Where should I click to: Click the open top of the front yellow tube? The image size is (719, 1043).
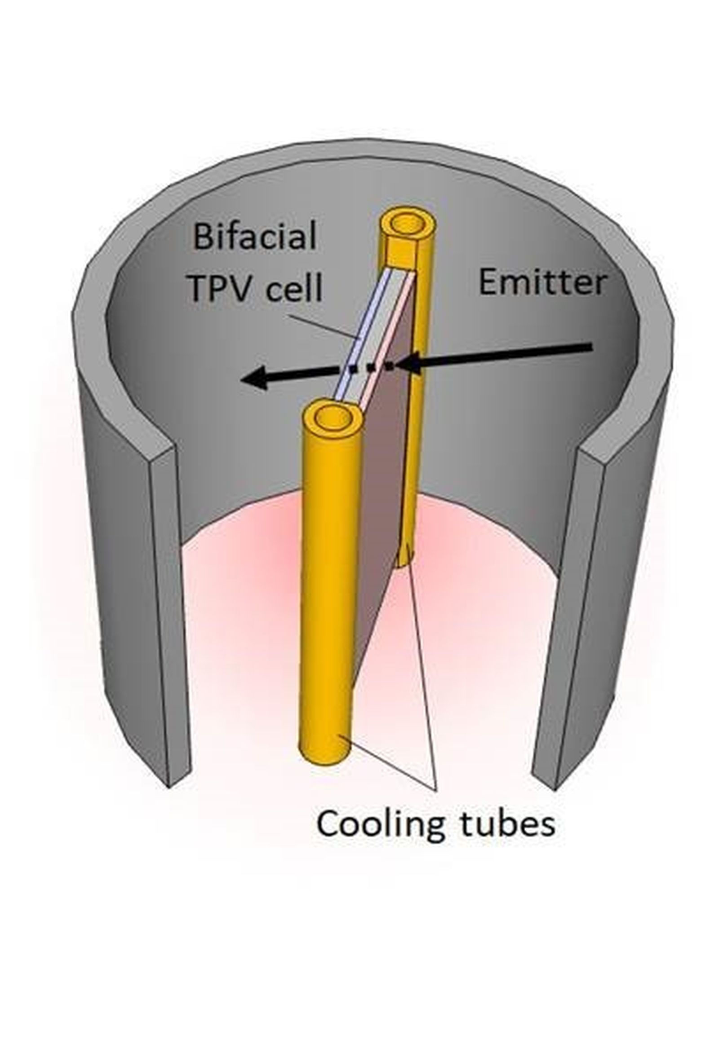333,418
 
